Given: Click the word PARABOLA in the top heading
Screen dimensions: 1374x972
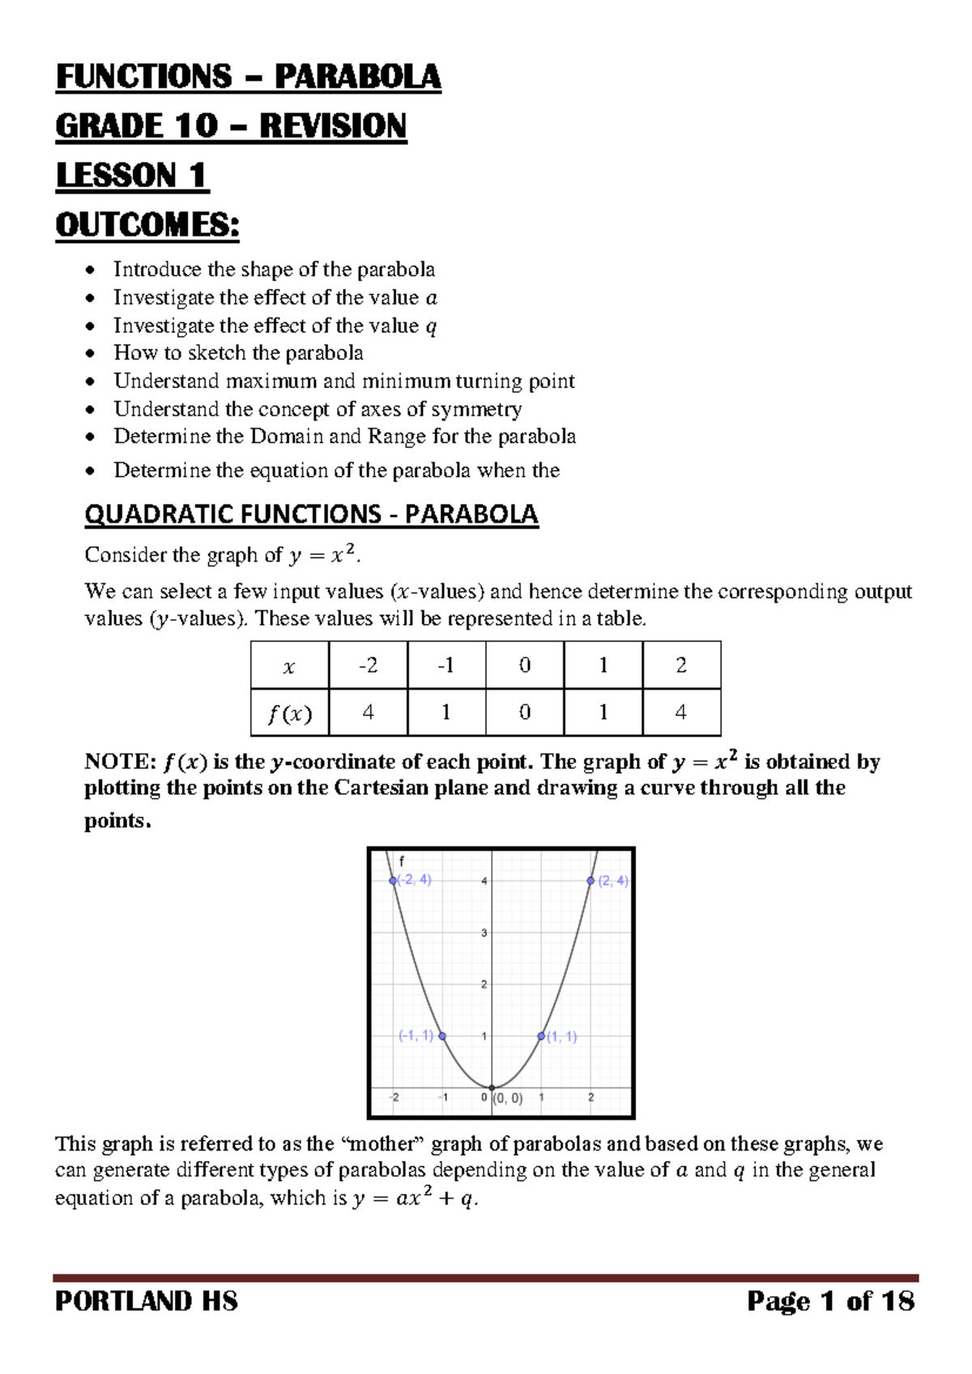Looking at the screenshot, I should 357,77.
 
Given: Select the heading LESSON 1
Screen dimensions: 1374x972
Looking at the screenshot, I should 131,176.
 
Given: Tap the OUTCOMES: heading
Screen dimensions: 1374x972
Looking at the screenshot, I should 147,225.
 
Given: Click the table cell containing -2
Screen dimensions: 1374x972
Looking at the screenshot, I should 368,665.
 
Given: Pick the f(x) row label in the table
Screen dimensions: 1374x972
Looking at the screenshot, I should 289,714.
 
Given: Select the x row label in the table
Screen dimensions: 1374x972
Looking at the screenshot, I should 289,667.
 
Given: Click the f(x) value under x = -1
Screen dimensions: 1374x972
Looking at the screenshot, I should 446,712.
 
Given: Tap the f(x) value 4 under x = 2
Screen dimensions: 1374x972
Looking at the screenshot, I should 681,712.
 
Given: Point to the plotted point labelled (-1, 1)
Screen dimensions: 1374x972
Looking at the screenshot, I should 442,1036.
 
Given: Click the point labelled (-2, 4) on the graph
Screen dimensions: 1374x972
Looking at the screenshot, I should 393,881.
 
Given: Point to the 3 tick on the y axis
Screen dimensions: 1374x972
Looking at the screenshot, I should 484,933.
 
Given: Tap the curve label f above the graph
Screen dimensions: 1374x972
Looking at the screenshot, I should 402,862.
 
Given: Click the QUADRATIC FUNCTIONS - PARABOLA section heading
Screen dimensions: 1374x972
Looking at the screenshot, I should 311,514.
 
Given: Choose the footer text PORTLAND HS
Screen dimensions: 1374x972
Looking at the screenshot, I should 147,1302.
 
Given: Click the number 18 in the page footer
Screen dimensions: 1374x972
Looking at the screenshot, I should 897,1302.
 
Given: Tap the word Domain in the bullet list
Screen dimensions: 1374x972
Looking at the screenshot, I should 286,437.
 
